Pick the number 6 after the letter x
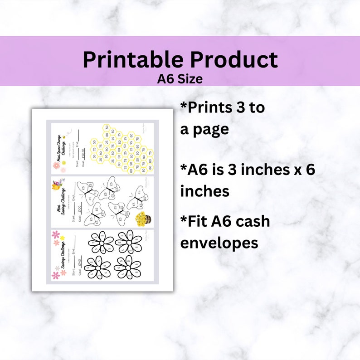point(308,170)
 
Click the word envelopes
point(219,243)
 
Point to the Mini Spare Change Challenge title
point(62,147)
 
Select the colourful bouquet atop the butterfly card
point(58,185)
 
